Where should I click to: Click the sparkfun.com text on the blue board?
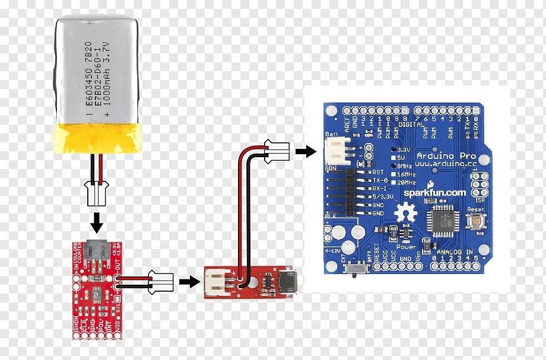(x=435, y=192)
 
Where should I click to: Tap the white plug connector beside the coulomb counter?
(x=160, y=281)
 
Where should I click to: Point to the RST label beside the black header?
(x=378, y=171)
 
